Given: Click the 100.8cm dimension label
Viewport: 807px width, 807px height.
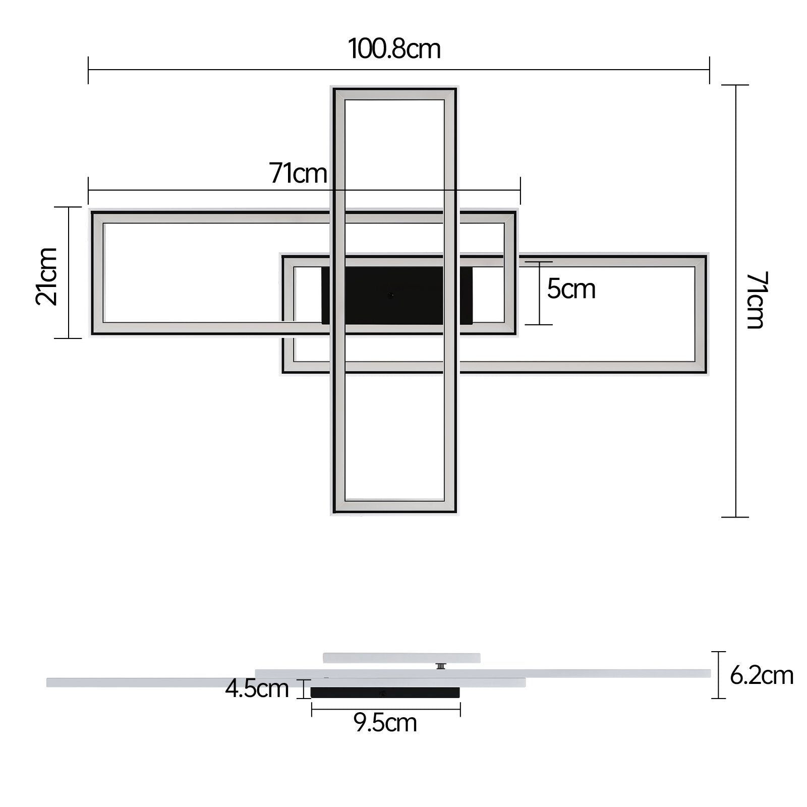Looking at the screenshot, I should pyautogui.click(x=394, y=49).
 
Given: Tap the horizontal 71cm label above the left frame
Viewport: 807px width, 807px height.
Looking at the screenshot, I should pyautogui.click(x=298, y=174).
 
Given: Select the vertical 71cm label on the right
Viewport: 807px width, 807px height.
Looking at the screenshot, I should pyautogui.click(x=756, y=300).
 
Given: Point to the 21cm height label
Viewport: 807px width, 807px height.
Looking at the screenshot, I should pyautogui.click(x=47, y=276).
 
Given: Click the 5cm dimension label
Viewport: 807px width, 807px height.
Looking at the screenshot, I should pyautogui.click(x=571, y=290).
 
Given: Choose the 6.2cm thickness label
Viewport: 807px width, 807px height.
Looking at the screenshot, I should pyautogui.click(x=762, y=675).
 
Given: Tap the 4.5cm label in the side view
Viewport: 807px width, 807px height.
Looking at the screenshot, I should pyautogui.click(x=257, y=688).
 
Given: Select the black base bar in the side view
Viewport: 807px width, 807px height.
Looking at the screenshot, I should pyautogui.click(x=385, y=693).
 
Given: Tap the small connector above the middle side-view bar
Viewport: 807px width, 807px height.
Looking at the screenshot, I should pyautogui.click(x=441, y=666).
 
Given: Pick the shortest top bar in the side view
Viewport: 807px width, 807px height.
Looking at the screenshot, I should pyautogui.click(x=401, y=658).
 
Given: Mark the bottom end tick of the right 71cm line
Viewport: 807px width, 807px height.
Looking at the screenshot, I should pyautogui.click(x=735, y=517).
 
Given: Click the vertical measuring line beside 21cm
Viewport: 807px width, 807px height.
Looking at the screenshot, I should pyautogui.click(x=69, y=272).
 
